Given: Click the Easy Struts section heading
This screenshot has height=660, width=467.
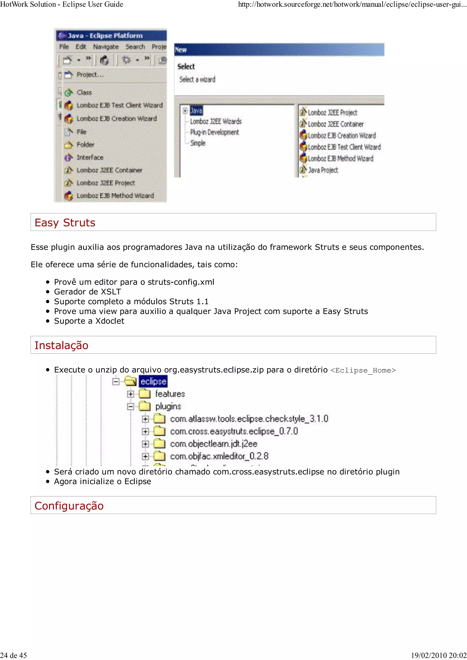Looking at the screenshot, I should click(65, 223).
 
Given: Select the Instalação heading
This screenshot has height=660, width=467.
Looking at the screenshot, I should click(61, 345).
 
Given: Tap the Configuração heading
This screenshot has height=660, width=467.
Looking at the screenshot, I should click(69, 506).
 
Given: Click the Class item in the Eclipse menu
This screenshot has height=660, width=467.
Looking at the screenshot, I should click(84, 92).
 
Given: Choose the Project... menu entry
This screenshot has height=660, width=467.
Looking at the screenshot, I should click(90, 75).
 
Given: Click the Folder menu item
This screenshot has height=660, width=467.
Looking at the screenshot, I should click(85, 145).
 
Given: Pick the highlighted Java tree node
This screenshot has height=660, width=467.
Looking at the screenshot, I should click(196, 111).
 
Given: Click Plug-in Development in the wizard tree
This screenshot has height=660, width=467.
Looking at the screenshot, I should click(214, 132).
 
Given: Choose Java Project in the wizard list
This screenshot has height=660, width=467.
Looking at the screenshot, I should click(323, 170).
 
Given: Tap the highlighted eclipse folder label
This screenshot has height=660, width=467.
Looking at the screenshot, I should click(153, 381).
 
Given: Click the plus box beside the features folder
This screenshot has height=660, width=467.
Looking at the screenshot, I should click(130, 394).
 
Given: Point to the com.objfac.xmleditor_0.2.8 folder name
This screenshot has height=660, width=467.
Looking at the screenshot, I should click(219, 456).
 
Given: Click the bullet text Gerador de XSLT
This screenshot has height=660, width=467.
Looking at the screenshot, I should click(88, 292).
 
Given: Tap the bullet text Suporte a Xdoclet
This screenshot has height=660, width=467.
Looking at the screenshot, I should click(89, 321).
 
